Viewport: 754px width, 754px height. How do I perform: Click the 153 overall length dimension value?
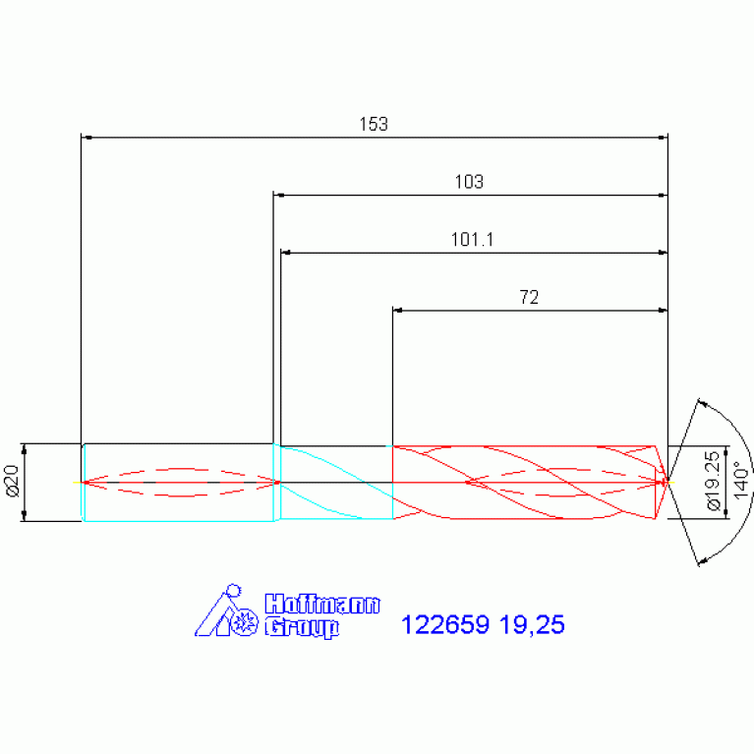(374, 124)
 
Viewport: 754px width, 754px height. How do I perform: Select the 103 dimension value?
(469, 182)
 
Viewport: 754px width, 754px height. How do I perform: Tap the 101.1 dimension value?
(472, 240)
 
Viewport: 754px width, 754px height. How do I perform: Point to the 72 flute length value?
(529, 297)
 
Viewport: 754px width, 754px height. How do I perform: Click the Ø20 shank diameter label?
(13, 481)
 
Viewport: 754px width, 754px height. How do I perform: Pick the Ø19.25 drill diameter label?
(714, 481)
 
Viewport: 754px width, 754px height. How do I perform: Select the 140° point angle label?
(741, 481)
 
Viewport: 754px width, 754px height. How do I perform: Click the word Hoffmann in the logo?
(322, 604)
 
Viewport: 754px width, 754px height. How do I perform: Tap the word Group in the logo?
(302, 627)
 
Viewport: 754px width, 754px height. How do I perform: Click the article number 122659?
(445, 624)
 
